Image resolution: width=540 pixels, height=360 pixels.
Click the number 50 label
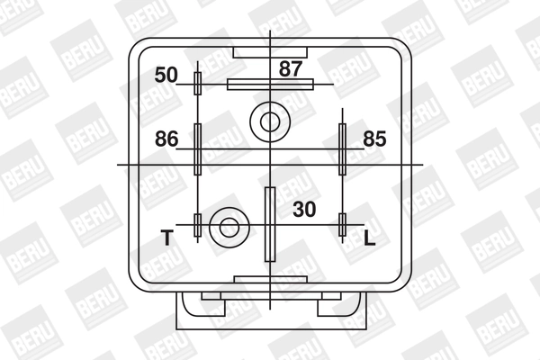coord(166,75)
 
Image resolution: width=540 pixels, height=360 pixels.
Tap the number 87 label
coord(290,67)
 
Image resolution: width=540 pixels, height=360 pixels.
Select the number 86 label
coord(166,139)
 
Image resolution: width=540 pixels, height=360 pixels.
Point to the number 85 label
coord(375,139)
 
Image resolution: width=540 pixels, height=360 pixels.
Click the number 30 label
coord(305,209)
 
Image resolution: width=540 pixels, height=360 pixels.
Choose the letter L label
coord(369,238)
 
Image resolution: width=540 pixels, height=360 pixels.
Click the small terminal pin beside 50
coord(198,84)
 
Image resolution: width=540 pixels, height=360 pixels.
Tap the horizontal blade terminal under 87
coord(270,84)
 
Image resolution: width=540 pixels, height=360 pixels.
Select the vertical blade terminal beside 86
coord(198,148)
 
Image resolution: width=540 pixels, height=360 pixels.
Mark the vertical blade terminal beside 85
coord(342,148)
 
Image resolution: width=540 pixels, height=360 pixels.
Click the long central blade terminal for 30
coord(269,222)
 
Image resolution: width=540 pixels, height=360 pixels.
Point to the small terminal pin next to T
coord(198,226)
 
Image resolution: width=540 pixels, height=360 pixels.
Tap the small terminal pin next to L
coord(342,225)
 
